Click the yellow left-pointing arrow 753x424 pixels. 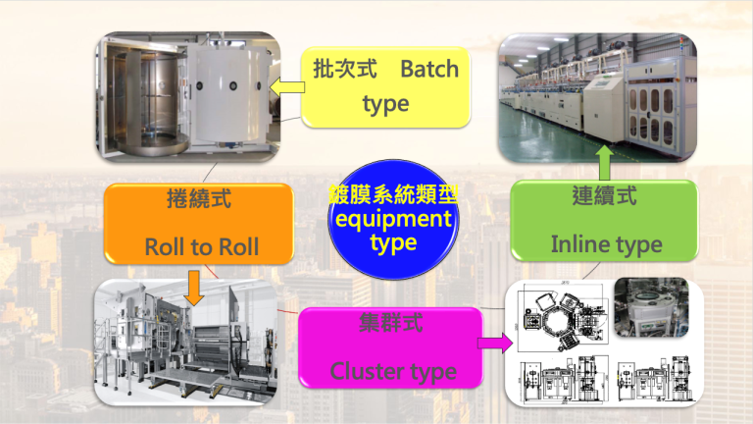point(285,90)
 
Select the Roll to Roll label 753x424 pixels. point(202,247)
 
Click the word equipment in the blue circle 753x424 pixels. point(393,218)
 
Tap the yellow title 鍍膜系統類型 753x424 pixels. point(393,193)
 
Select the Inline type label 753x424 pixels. point(606,243)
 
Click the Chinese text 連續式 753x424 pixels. point(605,195)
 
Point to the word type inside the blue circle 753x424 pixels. point(393,242)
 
